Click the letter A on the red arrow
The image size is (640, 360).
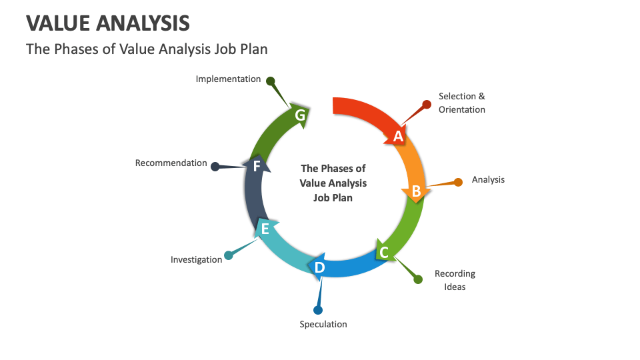point(398,136)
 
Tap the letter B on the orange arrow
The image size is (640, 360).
point(415,191)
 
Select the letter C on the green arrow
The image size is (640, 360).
point(384,253)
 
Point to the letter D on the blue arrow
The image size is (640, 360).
point(319,268)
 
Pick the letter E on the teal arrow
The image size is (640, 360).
point(265,229)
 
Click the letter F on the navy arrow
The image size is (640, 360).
point(257,167)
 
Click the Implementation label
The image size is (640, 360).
point(228,79)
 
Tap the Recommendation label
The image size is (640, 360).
point(171,163)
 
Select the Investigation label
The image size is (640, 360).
point(196,259)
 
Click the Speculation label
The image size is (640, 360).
point(323,324)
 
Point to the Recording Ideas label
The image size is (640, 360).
point(455,280)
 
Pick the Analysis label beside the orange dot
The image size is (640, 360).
point(488,179)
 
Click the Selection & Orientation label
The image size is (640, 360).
point(461,103)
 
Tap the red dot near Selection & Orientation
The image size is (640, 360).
point(427,104)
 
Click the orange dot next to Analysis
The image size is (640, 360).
point(458,182)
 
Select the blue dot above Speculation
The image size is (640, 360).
point(318,310)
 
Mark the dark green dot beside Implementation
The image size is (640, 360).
point(270,81)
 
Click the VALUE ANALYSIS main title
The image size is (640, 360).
point(108,23)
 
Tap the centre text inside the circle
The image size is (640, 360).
point(333,183)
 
